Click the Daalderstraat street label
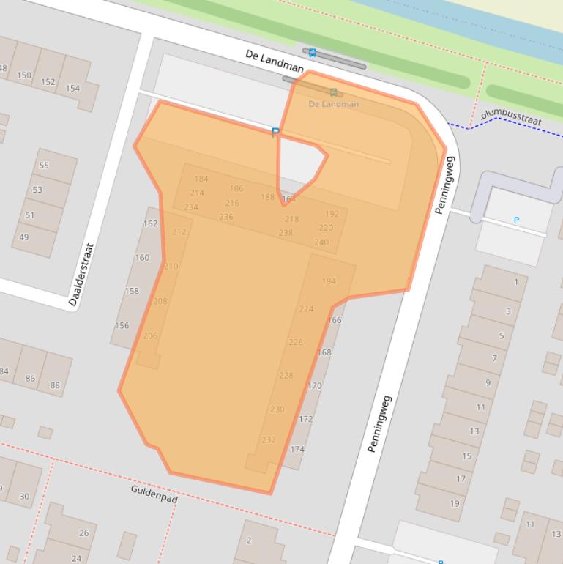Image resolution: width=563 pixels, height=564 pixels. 81,274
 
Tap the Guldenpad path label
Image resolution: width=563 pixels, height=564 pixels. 154,494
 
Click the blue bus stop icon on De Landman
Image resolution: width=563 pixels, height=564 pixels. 313,53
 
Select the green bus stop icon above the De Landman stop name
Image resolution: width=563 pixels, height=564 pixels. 334,92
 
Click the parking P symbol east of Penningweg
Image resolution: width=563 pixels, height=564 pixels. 516,220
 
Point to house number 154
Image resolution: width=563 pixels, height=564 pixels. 72,88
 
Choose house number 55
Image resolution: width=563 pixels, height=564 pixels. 44,166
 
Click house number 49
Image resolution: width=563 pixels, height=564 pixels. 24,237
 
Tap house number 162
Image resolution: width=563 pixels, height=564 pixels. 150,223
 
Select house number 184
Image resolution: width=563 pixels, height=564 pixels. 201,179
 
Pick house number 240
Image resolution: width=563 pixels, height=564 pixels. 321,242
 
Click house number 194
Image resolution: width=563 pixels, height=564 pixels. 329,281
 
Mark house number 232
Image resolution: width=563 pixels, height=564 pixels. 269,439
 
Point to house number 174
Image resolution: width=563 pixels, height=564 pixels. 297,450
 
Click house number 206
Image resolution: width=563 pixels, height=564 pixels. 149,336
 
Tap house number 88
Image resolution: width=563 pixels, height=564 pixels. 55,385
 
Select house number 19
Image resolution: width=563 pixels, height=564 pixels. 455,503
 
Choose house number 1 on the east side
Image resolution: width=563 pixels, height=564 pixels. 516,282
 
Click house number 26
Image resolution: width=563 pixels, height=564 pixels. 83,533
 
